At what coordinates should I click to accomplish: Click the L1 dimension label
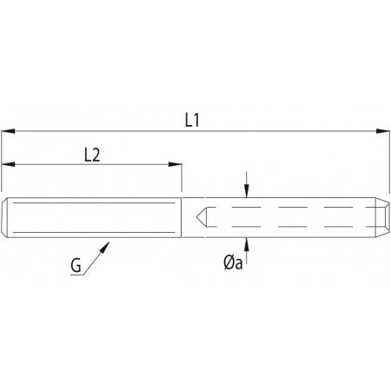pos(192,120)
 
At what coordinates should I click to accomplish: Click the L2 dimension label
pos(92,155)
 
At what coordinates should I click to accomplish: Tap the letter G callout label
pos(76,265)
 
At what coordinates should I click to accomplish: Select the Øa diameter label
pos(233,263)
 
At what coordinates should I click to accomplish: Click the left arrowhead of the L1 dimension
pos(8,131)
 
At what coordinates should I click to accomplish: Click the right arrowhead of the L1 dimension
pos(382,131)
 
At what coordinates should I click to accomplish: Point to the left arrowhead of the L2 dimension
pos(8,164)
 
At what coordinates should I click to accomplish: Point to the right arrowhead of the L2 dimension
pos(175,164)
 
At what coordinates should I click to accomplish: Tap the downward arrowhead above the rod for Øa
pos(246,191)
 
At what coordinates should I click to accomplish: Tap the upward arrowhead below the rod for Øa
pos(246,244)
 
